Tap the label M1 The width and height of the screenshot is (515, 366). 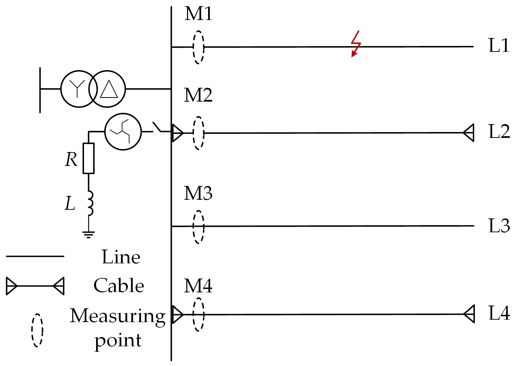coord(198,14)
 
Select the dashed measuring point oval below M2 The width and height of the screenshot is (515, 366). coord(198,133)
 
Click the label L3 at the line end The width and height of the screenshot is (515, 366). coord(499,226)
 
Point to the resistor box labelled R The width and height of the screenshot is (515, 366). coord(89,158)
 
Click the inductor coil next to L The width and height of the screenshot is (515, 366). coord(90,203)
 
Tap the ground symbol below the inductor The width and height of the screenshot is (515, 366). coord(89,235)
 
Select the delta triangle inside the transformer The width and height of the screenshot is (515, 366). coord(109,89)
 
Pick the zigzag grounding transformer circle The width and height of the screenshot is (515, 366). coord(123,132)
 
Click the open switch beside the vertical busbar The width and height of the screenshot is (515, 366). coord(158,128)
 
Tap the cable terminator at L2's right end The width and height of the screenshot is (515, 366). coord(469,132)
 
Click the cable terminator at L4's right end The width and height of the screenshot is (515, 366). coord(469,314)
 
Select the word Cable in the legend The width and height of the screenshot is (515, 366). coord(119,286)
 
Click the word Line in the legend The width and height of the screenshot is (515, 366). coord(121,257)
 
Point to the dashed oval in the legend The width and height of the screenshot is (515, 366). coord(37,330)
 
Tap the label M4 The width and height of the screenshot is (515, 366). coord(198,286)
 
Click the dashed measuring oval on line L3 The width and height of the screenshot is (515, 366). coord(198,227)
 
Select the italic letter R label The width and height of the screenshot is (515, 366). coord(71,160)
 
